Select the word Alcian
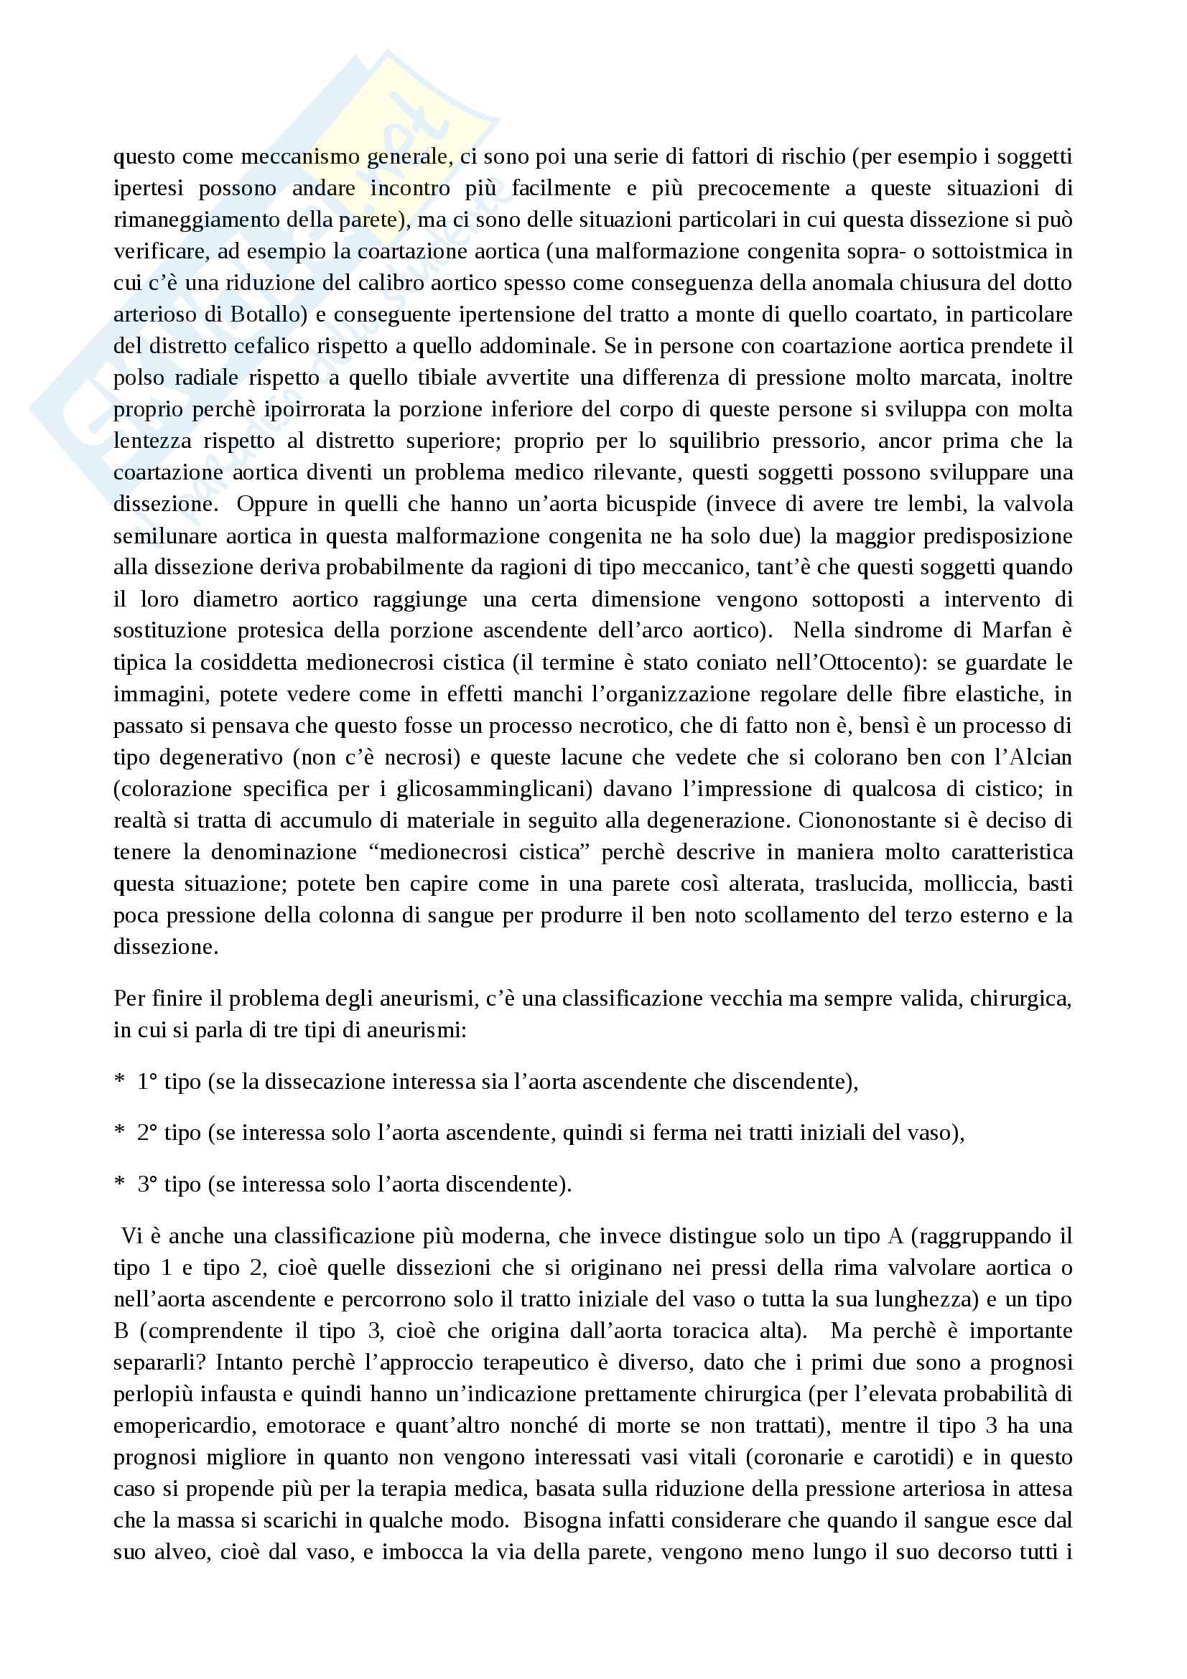pos(1038,757)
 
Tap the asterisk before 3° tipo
pos(119,1185)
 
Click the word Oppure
pos(272,504)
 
